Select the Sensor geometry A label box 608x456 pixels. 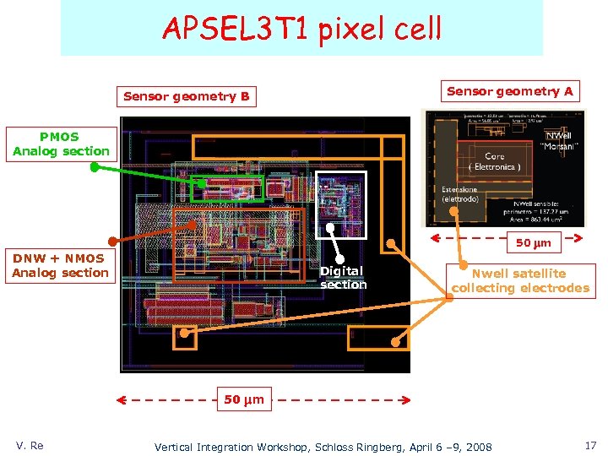[x=509, y=91]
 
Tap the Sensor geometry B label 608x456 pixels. [x=187, y=96]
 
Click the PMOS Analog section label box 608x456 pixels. [x=61, y=144]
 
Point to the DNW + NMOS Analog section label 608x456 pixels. [x=60, y=265]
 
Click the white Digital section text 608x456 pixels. [x=343, y=278]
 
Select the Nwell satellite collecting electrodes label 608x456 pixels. [x=519, y=280]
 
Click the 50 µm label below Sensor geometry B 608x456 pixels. [x=244, y=399]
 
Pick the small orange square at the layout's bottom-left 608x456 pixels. [x=184, y=337]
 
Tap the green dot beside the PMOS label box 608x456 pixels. [x=95, y=167]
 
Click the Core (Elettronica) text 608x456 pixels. [x=495, y=161]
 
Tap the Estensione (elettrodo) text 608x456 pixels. [x=459, y=194]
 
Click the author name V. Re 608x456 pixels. [x=30, y=445]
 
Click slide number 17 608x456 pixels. [x=589, y=445]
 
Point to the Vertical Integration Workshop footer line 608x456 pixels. [x=323, y=446]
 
